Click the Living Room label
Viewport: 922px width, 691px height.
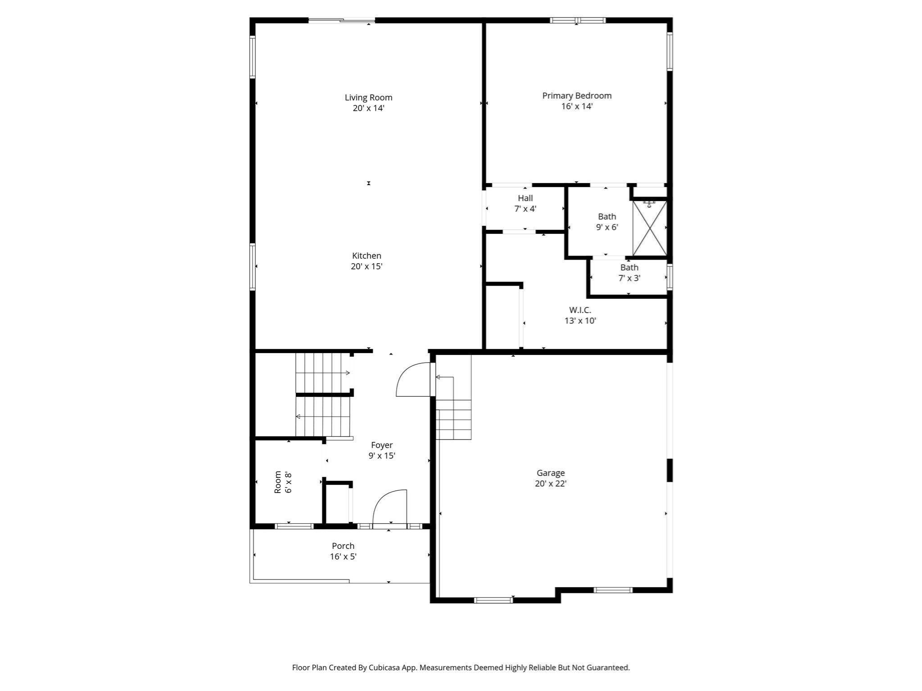pyautogui.click(x=368, y=98)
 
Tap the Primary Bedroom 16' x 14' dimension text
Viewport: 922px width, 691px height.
pyautogui.click(x=577, y=107)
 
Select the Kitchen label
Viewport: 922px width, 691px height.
pyautogui.click(x=366, y=256)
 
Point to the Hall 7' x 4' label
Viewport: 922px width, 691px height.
pyautogui.click(x=525, y=203)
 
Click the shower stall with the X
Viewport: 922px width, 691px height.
pyautogui.click(x=650, y=229)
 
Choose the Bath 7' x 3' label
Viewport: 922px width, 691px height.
pyautogui.click(x=629, y=273)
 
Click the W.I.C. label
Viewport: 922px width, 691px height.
pyautogui.click(x=580, y=310)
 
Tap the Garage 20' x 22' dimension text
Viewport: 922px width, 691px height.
pyautogui.click(x=550, y=484)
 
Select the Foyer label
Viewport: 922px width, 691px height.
pyautogui.click(x=382, y=445)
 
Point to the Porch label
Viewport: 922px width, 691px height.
pyautogui.click(x=343, y=546)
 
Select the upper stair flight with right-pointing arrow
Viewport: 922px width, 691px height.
pyautogui.click(x=322, y=372)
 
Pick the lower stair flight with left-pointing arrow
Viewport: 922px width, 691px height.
pyautogui.click(x=322, y=417)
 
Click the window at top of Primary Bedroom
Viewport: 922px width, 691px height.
pyautogui.click(x=578, y=20)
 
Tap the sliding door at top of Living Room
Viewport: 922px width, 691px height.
pyautogui.click(x=342, y=20)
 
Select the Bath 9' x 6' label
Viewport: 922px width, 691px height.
pyautogui.click(x=607, y=222)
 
